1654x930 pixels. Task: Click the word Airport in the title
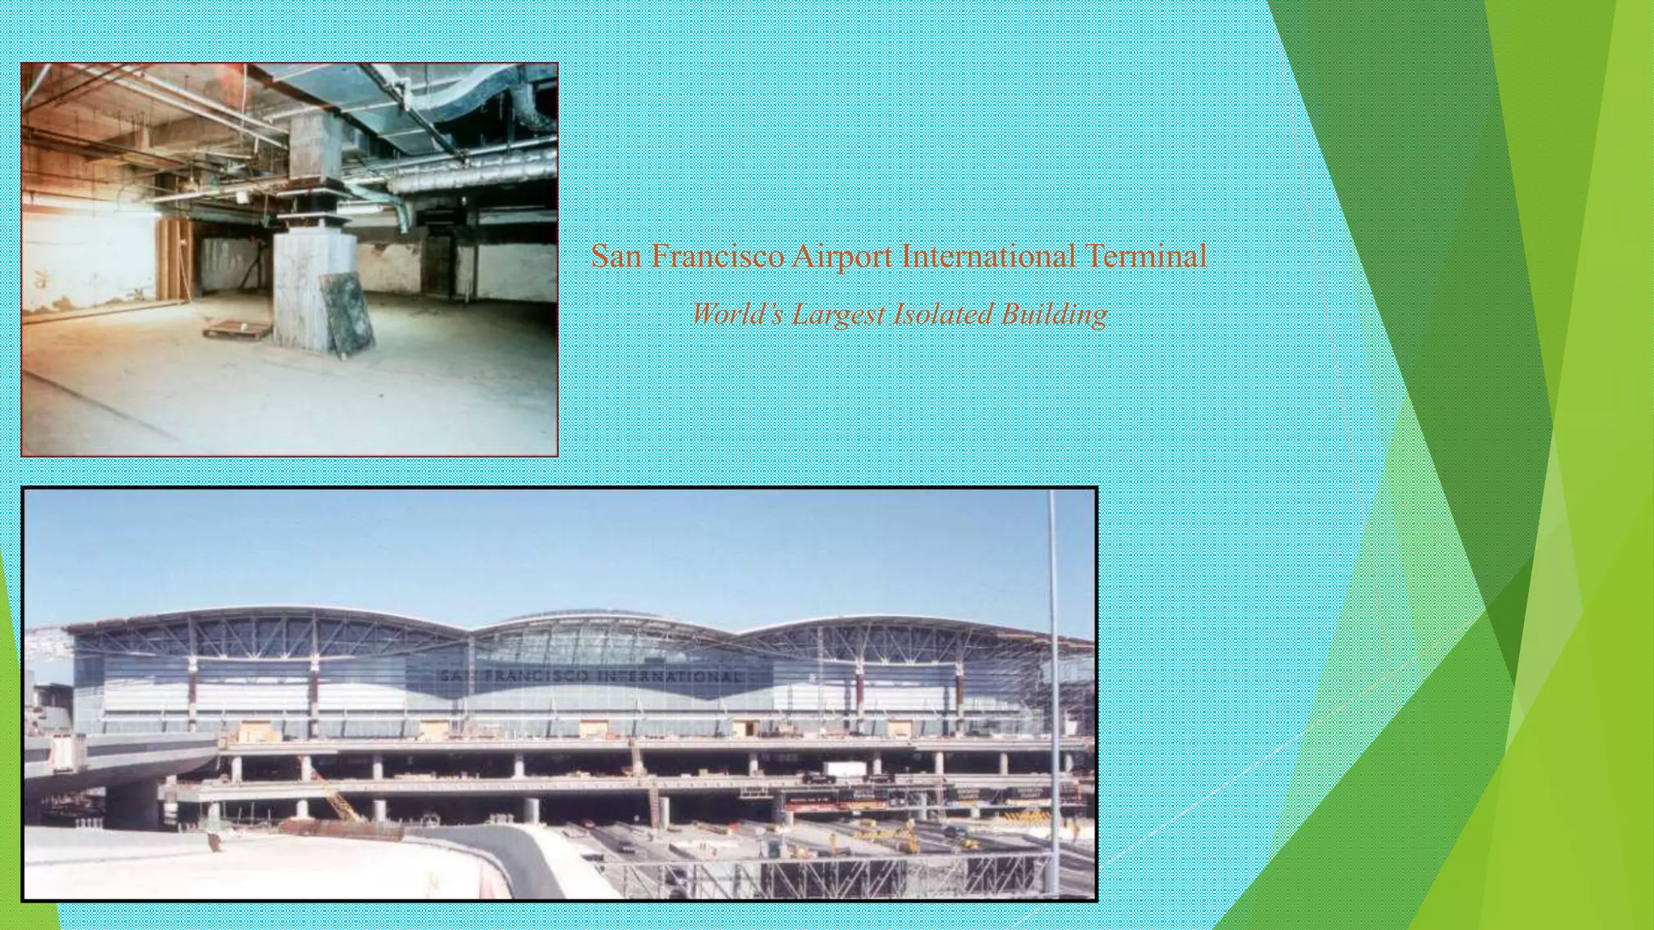point(841,257)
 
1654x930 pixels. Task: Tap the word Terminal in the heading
point(1145,257)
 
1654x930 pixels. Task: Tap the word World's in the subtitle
point(737,314)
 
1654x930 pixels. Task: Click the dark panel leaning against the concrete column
point(347,312)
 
